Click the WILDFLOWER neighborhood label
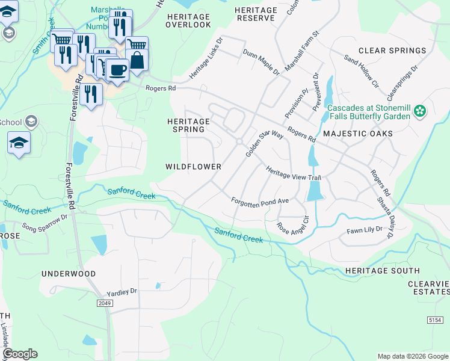[x=193, y=166]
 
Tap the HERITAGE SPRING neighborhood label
[x=188, y=125]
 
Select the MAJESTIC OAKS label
[x=357, y=134]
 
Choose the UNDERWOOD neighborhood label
[x=68, y=274]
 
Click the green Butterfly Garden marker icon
[x=420, y=111]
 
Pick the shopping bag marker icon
[x=137, y=60]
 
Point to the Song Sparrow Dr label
[x=45, y=221]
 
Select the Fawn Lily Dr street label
[x=365, y=230]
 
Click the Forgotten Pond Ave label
[x=261, y=200]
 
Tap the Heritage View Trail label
[x=294, y=173]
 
